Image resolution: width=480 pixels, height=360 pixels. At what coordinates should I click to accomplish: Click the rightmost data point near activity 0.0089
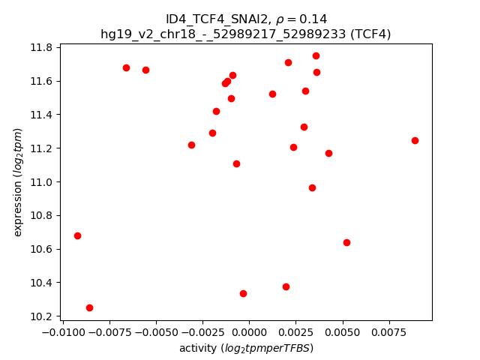point(415,140)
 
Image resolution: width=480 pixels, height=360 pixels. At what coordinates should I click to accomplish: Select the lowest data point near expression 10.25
point(89,307)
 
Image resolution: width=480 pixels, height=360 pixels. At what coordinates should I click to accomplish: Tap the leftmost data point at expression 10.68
point(77,235)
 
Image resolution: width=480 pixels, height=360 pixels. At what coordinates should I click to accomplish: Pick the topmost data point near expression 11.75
point(316,55)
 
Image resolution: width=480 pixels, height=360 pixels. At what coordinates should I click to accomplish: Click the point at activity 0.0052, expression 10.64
point(346,242)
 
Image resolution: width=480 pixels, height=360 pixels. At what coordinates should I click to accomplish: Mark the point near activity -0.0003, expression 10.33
point(243,293)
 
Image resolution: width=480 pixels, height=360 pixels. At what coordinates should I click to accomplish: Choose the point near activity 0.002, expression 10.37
point(286,286)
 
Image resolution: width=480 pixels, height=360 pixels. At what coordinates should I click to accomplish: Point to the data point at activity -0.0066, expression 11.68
point(126,67)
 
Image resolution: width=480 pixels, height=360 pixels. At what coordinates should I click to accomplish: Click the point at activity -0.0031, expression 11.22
point(191,145)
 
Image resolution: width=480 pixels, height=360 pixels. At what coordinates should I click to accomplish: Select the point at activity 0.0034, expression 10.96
point(312,187)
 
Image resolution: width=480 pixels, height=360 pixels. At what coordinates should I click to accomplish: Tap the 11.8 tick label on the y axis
point(42,47)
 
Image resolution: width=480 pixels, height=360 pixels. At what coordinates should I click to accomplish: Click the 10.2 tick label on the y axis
point(42,316)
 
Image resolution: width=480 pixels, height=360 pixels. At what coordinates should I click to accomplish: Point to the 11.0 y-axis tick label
point(42,182)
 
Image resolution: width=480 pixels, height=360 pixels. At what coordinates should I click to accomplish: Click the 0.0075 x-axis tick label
point(389,331)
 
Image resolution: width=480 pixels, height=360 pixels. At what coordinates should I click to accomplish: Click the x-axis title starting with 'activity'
point(246,348)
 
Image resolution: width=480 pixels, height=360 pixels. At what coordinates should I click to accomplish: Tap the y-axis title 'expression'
point(18,182)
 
